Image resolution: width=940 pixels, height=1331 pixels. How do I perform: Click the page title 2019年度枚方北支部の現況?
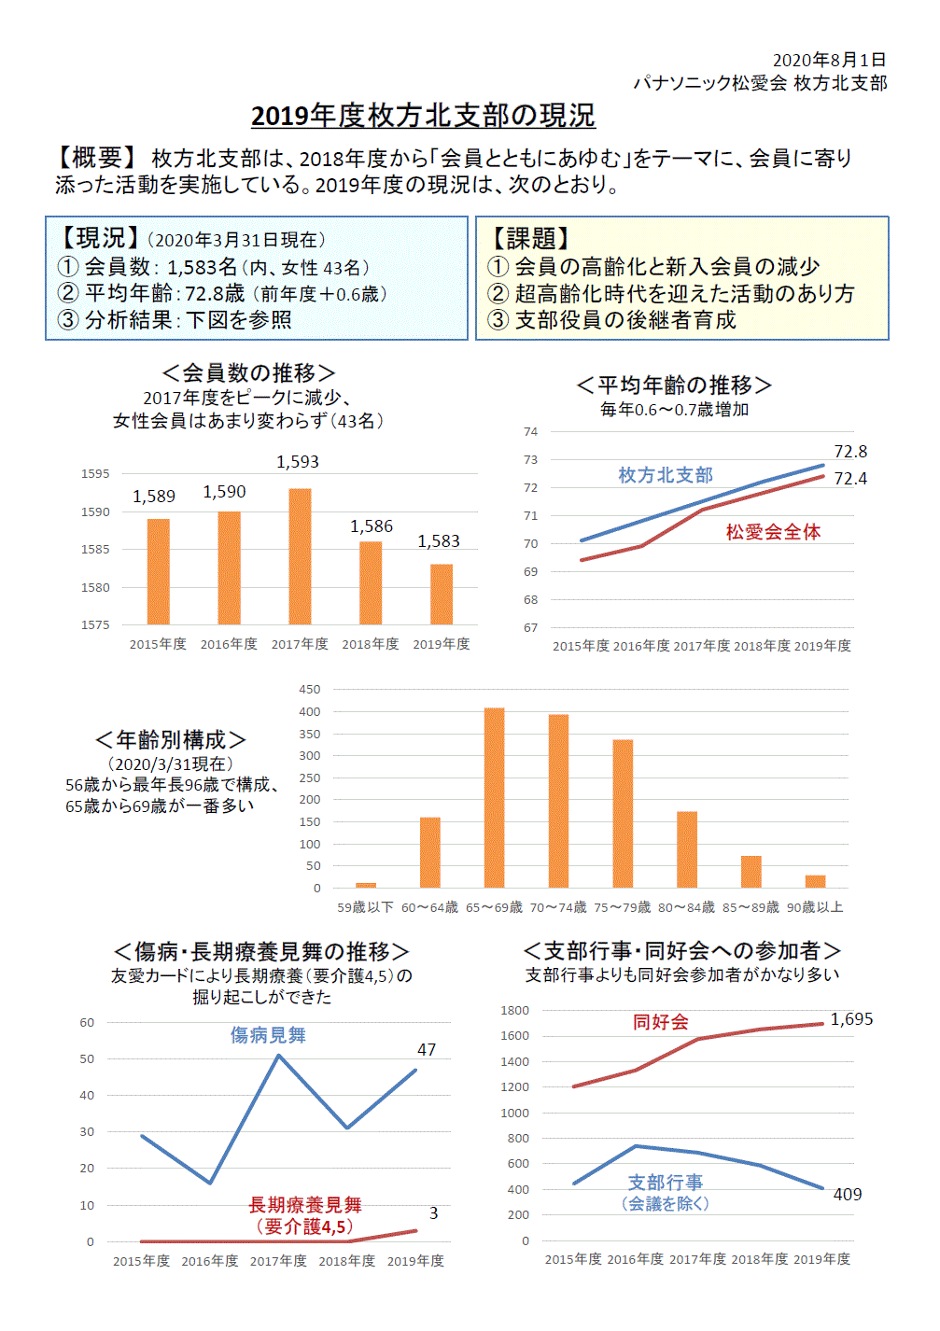(423, 116)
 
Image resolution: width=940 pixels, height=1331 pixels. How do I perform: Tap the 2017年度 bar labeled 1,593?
(300, 556)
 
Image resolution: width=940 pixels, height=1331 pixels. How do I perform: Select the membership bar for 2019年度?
(442, 594)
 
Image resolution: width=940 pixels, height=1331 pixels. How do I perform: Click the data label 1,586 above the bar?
(372, 526)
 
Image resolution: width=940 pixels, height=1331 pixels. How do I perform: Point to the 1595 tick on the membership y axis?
(95, 474)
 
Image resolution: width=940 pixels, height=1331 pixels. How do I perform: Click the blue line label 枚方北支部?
(666, 475)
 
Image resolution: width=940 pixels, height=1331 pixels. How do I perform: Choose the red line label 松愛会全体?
(773, 532)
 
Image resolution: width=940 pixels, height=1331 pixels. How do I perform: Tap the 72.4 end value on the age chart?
(850, 479)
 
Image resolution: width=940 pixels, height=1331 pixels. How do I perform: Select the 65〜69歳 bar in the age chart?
(494, 797)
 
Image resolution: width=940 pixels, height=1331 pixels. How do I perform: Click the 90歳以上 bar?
(815, 881)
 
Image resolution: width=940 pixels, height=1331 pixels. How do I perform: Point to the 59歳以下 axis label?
(365, 907)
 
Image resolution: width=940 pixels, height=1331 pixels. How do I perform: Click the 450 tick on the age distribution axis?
(310, 690)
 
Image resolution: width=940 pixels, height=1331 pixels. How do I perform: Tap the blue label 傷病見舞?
(268, 1035)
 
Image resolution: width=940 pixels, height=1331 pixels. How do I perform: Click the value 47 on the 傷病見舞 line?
(427, 1050)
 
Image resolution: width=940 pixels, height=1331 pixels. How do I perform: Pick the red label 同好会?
(661, 1022)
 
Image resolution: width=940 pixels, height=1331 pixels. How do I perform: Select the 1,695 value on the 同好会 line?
(851, 1019)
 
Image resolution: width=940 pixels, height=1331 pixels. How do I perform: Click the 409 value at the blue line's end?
(848, 1195)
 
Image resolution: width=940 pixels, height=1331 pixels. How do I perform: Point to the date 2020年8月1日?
(829, 60)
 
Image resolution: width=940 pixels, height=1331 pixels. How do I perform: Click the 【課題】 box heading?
(529, 239)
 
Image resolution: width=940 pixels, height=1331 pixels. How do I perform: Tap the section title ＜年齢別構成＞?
(171, 740)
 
